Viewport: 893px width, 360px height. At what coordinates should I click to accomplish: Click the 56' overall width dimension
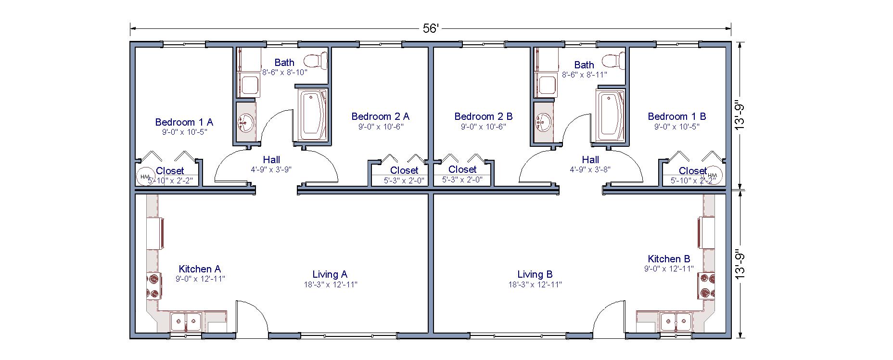[x=431, y=28]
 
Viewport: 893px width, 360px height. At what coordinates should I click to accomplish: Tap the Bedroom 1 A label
[x=184, y=122]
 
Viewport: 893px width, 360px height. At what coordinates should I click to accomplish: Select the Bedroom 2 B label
[x=483, y=116]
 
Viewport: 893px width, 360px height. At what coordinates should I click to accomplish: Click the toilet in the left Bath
[x=315, y=61]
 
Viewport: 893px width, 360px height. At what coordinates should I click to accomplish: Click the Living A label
[x=330, y=274]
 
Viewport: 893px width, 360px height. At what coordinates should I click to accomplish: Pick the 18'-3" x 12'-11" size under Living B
[x=535, y=284]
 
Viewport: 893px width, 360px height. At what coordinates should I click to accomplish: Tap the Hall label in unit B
[x=590, y=160]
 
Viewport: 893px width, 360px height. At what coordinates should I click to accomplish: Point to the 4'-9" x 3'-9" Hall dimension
[x=271, y=169]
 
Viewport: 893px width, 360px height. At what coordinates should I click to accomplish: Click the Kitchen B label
[x=669, y=259]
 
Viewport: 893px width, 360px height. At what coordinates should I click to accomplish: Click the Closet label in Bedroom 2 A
[x=404, y=170]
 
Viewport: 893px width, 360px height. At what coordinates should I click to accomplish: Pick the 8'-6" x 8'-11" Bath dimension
[x=584, y=75]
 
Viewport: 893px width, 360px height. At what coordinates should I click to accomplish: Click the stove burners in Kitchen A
[x=154, y=285]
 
